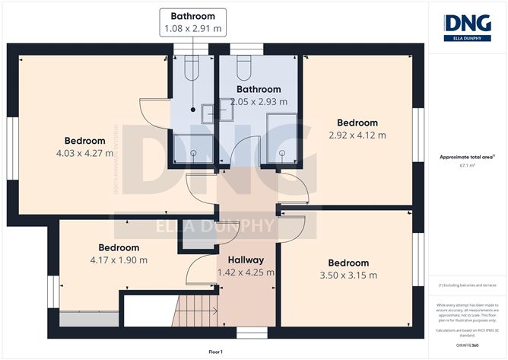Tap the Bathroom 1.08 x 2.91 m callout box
(192, 22)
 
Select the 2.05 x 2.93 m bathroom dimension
(259, 102)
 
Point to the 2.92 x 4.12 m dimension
(357, 135)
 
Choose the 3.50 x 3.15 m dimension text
(348, 276)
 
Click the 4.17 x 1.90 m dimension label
(119, 260)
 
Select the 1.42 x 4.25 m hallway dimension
(246, 272)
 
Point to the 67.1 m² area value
(468, 165)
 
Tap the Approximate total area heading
(467, 157)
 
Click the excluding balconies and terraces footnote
(468, 285)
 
